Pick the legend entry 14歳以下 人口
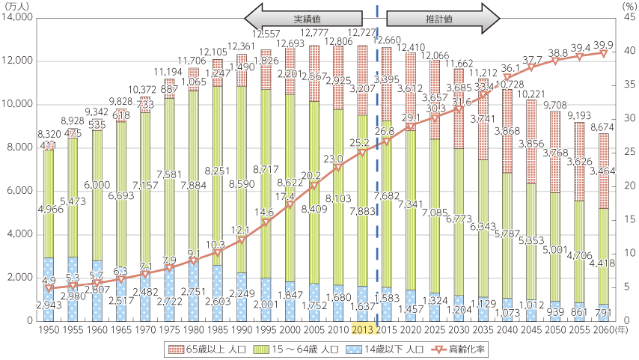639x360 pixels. click(x=407, y=349)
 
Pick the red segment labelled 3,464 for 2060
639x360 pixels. click(x=604, y=171)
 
